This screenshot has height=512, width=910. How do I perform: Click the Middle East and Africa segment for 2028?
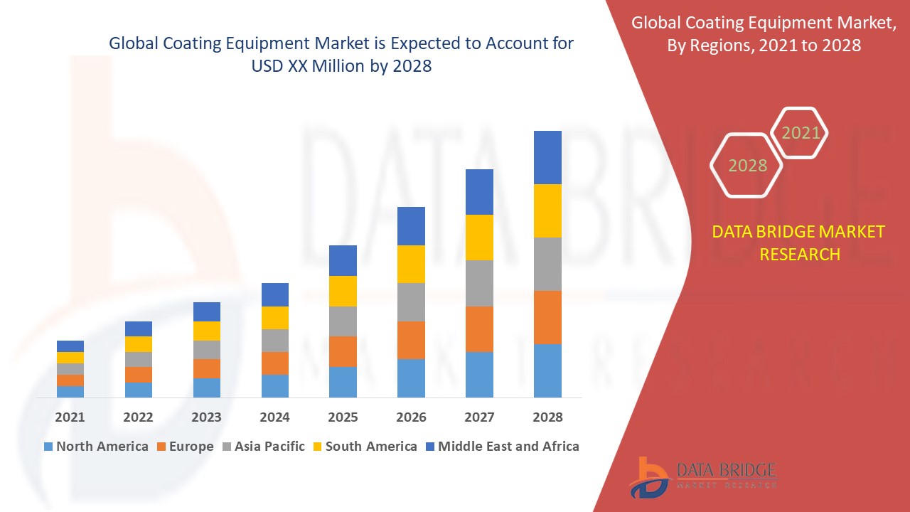click(547, 157)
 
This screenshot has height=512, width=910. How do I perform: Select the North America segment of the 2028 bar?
click(547, 370)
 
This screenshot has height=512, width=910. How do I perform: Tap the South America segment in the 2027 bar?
click(479, 237)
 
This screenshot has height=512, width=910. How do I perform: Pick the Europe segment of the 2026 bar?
click(411, 340)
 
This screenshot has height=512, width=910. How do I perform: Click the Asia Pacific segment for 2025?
click(343, 321)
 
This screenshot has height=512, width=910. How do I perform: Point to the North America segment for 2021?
click(70, 391)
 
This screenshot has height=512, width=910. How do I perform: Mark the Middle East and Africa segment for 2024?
click(275, 294)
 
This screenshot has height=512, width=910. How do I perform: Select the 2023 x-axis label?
click(206, 417)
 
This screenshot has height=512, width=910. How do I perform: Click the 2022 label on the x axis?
click(138, 417)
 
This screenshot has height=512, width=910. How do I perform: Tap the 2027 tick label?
click(479, 417)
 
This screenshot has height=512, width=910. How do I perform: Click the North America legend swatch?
click(48, 447)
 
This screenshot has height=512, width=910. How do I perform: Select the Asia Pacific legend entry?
click(262, 447)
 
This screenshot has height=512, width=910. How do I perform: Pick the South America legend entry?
click(363, 447)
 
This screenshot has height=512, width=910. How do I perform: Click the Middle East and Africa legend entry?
click(501, 447)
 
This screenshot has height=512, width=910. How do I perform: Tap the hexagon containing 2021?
click(800, 133)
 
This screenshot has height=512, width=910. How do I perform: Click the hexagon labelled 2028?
click(746, 165)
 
